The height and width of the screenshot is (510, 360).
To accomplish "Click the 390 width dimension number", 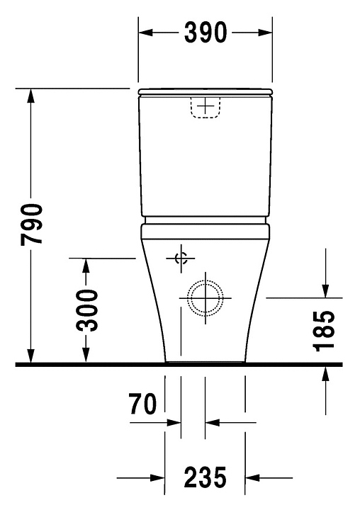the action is point(205,33).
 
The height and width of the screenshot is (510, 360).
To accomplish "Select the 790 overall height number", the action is point(31,225).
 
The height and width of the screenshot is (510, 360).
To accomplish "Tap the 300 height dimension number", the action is point(86,310).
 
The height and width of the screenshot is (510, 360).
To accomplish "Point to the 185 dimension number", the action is point(324,331).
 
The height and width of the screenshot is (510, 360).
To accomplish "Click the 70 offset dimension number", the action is point(142,404).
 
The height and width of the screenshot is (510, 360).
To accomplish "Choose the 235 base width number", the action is point(205,477).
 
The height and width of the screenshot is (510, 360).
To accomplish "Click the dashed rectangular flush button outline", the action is point(205,107).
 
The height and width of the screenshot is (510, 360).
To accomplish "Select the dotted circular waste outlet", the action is point(206,298).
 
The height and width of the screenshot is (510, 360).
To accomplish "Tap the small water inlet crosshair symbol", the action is point(181,259).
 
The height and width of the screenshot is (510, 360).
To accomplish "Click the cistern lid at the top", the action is point(205,91).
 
